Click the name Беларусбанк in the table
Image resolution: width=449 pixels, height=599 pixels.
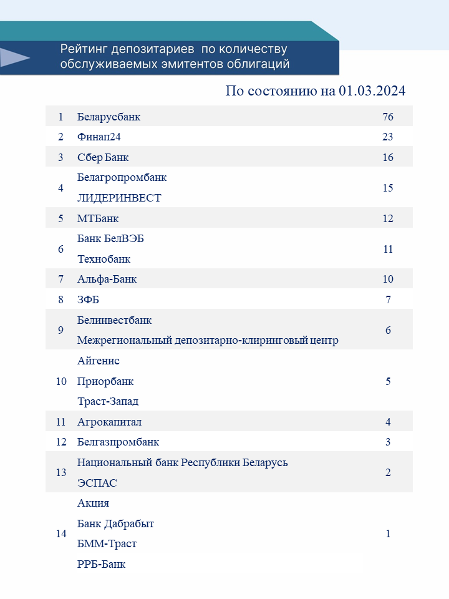[x=109, y=117]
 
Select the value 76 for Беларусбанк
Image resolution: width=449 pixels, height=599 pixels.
[x=388, y=117]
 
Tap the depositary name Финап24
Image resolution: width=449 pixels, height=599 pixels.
[x=99, y=137]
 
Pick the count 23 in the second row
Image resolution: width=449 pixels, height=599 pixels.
[x=388, y=137]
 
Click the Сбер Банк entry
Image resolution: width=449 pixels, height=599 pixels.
[x=103, y=157]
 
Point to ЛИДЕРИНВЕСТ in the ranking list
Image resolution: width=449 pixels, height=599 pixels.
[x=119, y=198]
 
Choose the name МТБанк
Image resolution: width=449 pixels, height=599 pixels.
[x=98, y=218]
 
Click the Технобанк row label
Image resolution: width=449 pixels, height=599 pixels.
[x=104, y=259]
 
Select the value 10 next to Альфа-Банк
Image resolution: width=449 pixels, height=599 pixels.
[x=388, y=279]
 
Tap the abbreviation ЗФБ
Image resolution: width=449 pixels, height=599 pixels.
[x=88, y=299]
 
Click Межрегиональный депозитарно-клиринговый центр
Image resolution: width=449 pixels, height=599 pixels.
[x=208, y=341]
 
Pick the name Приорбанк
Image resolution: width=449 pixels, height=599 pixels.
[x=105, y=381]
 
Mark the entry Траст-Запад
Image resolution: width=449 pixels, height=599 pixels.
[x=108, y=401]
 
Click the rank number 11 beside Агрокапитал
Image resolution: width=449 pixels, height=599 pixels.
[x=60, y=422]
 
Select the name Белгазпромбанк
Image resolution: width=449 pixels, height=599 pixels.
[x=118, y=442]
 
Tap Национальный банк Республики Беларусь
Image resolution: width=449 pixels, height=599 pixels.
[x=183, y=462]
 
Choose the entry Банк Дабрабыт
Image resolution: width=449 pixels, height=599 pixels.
[x=115, y=524]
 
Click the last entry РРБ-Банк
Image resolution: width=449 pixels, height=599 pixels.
[x=101, y=564]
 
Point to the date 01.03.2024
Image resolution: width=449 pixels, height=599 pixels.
[x=372, y=91]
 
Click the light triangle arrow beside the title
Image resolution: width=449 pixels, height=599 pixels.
[x=14, y=58]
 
